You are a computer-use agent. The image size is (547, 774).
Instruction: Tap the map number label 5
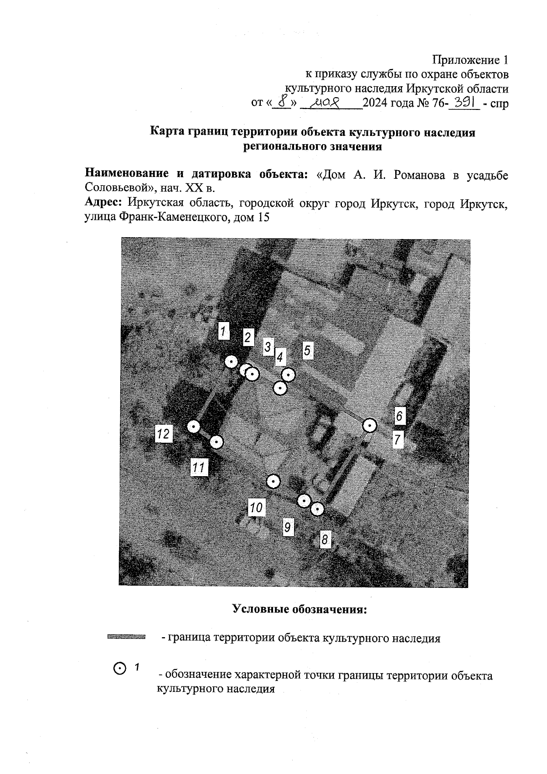pos(307,351)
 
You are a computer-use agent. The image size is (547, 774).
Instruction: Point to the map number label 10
pos(257,507)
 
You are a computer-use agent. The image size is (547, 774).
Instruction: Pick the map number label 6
pos(399,416)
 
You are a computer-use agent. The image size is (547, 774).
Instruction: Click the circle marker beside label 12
pos(194,426)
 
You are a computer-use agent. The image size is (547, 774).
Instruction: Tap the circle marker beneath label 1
pos(232,362)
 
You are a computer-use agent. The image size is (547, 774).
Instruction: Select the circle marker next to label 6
pos(370,426)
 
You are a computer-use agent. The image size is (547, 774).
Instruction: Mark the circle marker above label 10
pos(273,481)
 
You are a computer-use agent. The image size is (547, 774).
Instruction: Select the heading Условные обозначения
pos(299,609)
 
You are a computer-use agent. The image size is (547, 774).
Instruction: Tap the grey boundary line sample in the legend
pos(126,637)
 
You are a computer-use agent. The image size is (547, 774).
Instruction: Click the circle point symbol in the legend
pos(119,668)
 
